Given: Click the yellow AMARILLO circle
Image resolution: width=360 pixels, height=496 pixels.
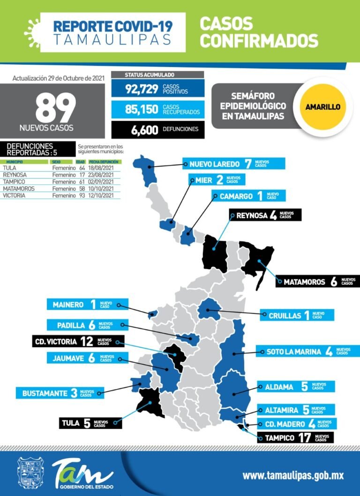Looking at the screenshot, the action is [322, 107].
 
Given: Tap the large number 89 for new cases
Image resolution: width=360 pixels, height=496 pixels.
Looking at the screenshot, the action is [55, 108].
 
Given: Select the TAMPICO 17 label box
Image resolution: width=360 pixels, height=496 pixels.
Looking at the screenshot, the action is [295, 438].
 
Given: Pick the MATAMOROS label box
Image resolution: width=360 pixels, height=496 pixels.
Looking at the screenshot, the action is [317, 282].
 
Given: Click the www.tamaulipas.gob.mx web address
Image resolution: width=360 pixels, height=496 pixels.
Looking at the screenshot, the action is [293, 475].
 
